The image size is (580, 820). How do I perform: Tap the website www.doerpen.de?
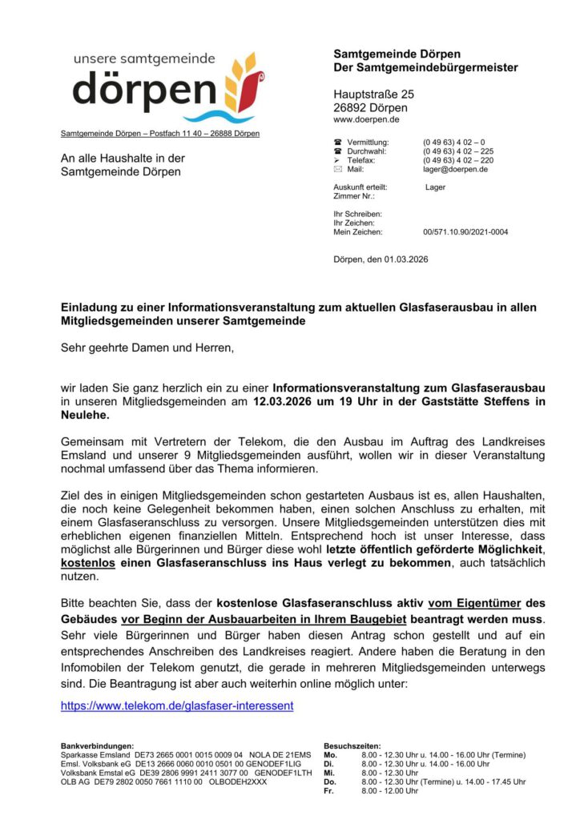[367, 119]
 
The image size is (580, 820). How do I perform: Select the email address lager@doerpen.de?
[456, 170]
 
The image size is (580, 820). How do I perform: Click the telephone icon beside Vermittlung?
[337, 142]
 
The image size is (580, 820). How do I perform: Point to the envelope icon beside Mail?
[337, 170]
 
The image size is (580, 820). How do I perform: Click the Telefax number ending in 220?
[458, 160]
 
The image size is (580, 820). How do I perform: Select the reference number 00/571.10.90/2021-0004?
[465, 232]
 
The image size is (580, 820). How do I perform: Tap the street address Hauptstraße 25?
[373, 94]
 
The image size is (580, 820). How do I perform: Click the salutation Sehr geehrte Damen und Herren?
[147, 348]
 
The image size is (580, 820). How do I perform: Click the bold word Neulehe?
[85, 416]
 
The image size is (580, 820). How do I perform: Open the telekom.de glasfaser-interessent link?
[177, 705]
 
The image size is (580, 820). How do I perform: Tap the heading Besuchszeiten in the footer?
[352, 746]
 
